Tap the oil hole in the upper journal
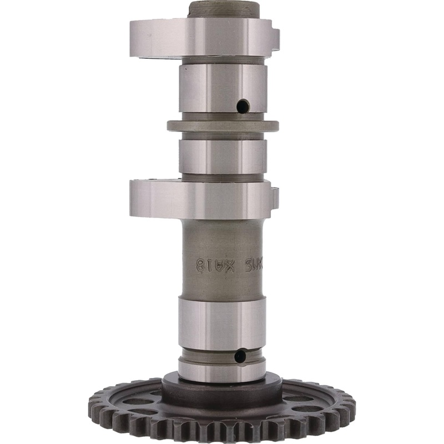coord(242,105)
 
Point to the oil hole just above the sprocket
coord(240,356)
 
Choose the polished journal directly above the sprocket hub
coord(222,316)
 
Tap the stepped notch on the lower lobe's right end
coord(275,199)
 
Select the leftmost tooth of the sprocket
coord(90,402)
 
